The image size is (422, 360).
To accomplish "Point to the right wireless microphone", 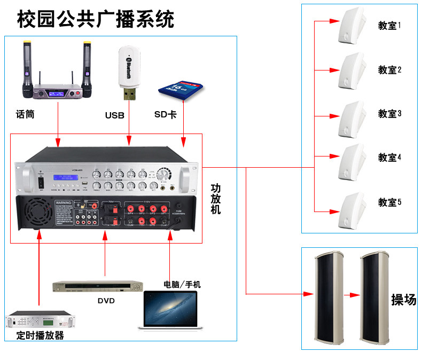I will point(86,66).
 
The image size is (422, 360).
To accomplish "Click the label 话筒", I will point(25,114).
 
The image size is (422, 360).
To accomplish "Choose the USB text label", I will point(114,115).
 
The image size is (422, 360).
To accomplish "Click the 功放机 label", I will point(216,199).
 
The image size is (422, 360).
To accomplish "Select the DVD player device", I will point(98,287).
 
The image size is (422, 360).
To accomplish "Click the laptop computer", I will point(169,308).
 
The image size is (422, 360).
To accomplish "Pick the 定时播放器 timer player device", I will point(40,320).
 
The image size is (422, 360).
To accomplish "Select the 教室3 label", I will point(389,114).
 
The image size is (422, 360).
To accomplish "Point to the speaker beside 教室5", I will point(351,203).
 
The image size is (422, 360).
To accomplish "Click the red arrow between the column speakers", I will point(350,294).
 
